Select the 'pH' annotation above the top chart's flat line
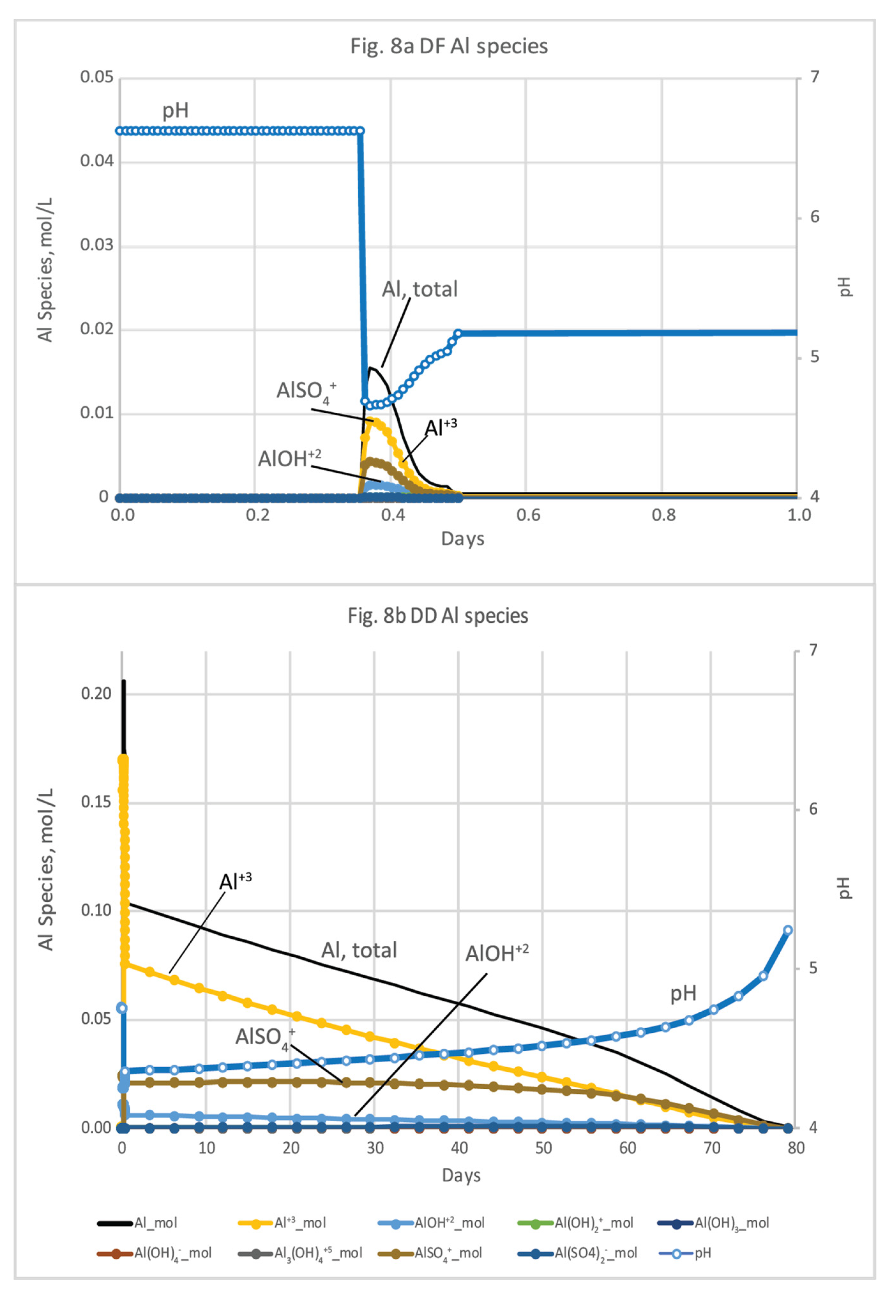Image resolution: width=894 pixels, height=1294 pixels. pos(175,110)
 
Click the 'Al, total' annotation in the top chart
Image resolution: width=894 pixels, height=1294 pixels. pos(420,289)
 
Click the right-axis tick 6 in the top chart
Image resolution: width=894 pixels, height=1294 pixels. pos(815,217)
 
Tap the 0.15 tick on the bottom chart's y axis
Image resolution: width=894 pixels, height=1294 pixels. pos(96,802)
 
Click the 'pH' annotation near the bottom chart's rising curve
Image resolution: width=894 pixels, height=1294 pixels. pos(683,993)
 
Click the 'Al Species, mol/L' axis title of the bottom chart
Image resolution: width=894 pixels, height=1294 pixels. pos(46,869)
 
